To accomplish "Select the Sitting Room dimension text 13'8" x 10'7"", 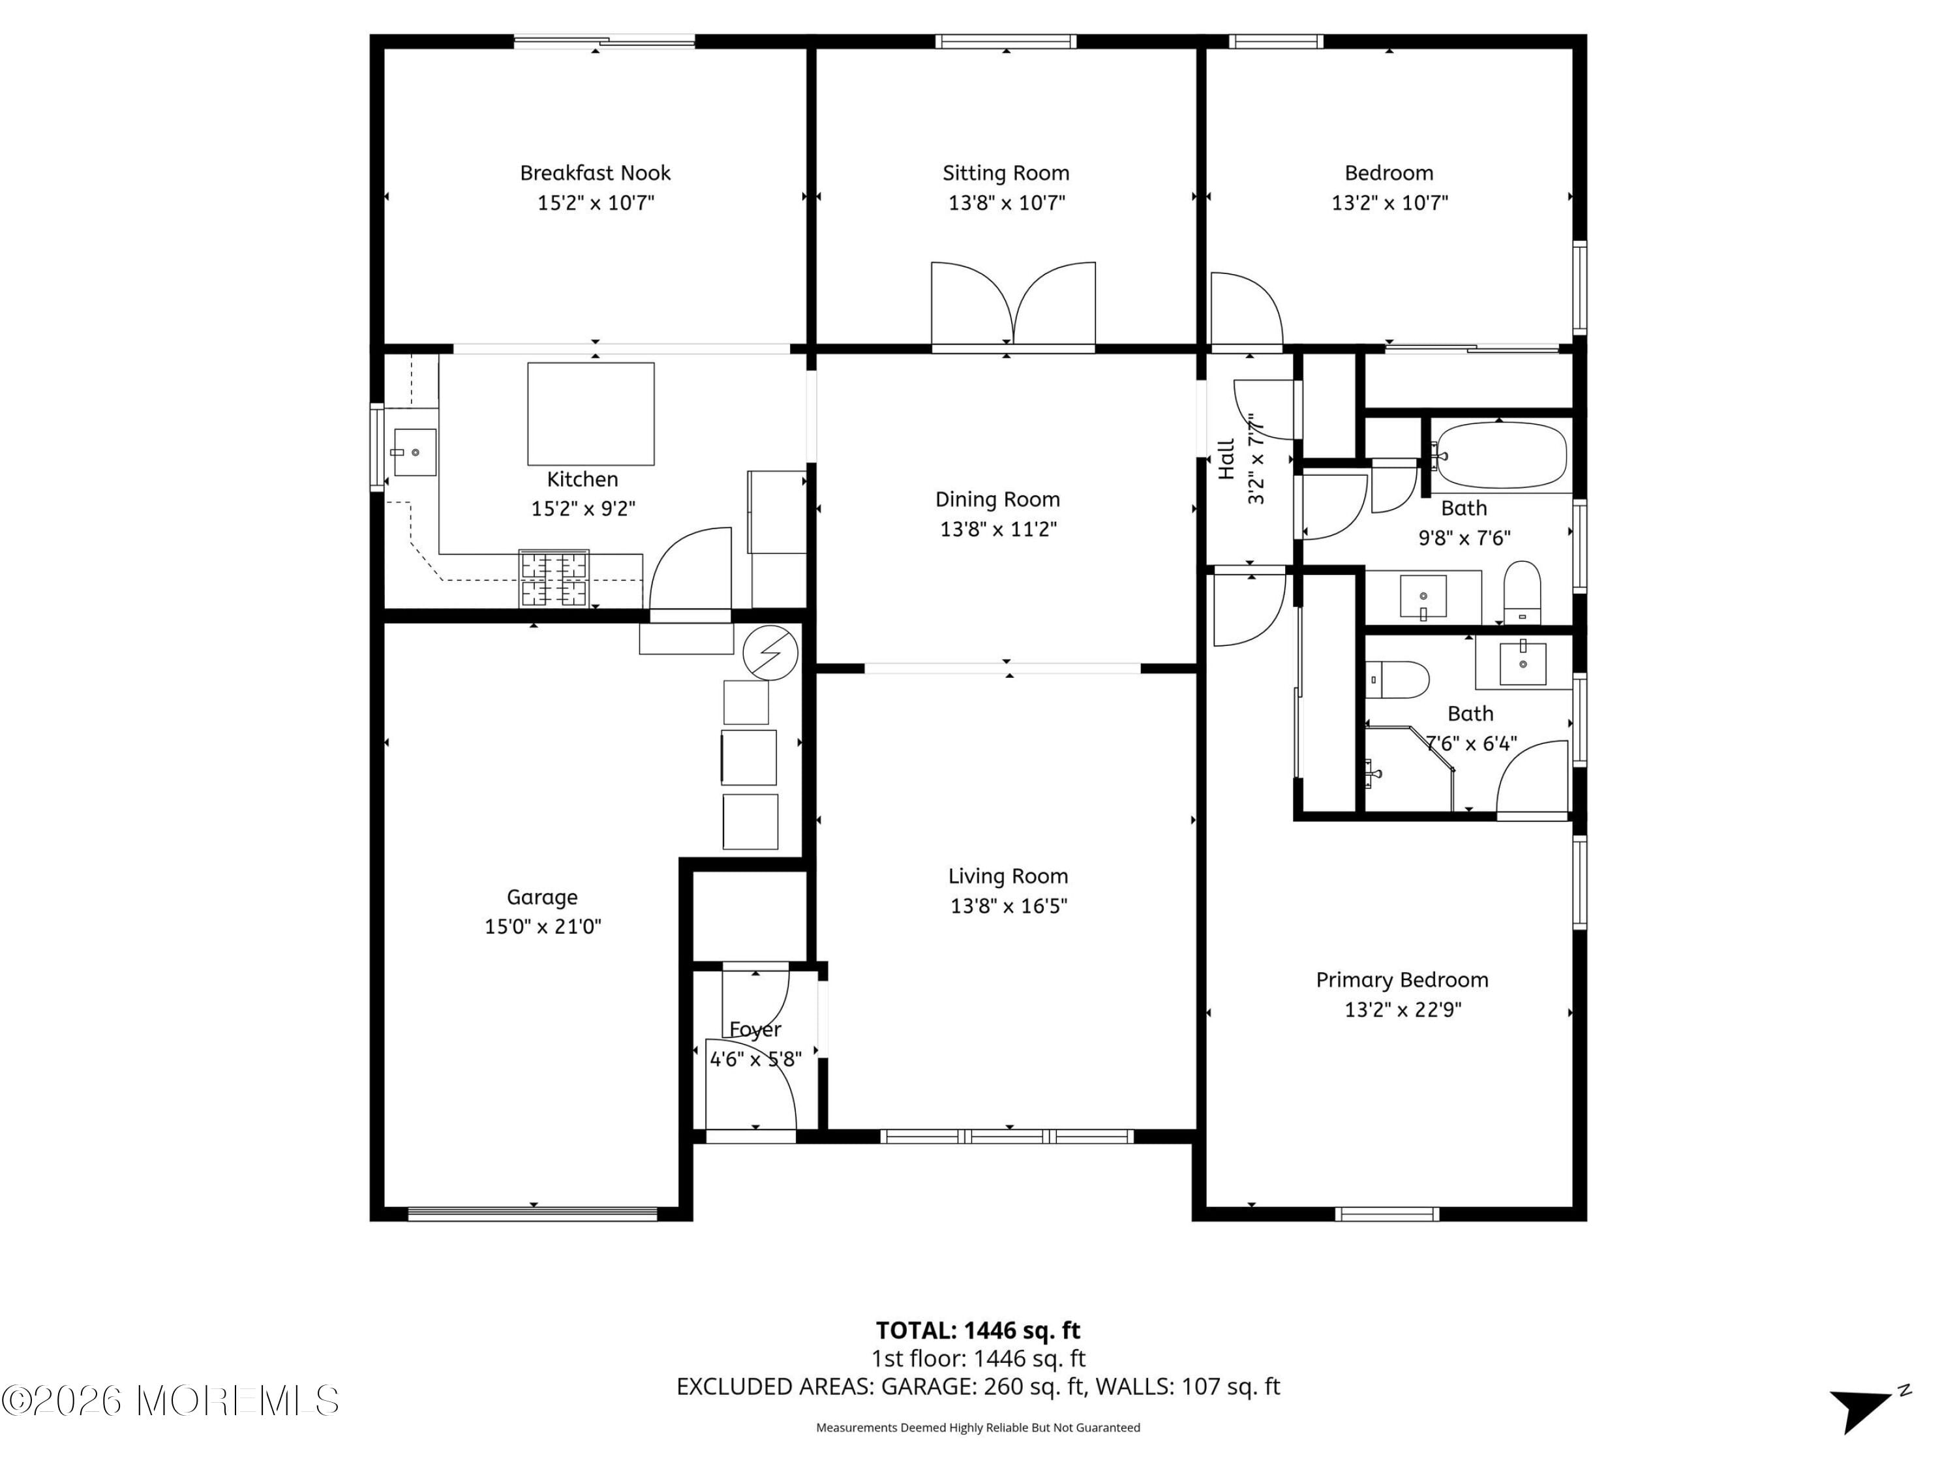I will click(1006, 203).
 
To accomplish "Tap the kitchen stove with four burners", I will click(554, 579).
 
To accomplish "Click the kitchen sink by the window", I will click(414, 452).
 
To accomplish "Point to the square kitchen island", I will click(590, 413).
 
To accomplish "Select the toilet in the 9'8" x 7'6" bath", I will click(1522, 591).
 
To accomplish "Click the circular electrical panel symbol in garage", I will click(770, 653).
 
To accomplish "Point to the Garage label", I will click(541, 897).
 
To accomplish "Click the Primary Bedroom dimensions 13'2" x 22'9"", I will click(1403, 1009).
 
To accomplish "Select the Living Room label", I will click(1008, 876).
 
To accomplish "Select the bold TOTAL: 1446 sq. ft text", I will click(978, 1330).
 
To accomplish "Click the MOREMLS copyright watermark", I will click(170, 1400).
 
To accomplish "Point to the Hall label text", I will click(1226, 459).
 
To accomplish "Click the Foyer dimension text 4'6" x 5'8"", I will click(755, 1059).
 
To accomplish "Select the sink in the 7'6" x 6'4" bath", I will click(1522, 663).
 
